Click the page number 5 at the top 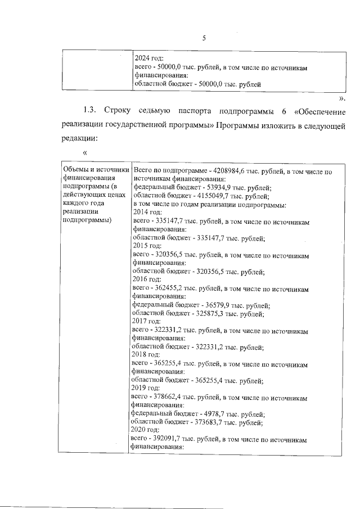pyautogui.click(x=204, y=38)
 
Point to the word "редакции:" pyautogui.click(x=79, y=138)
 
